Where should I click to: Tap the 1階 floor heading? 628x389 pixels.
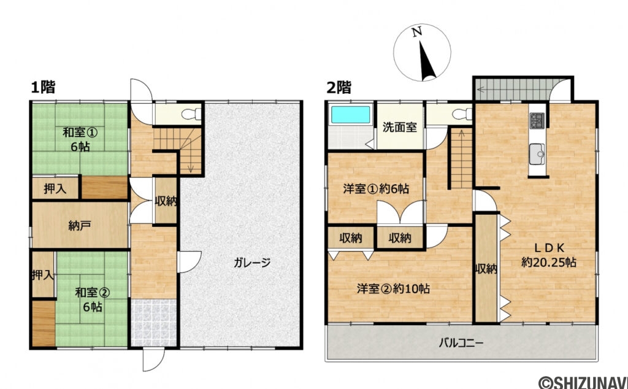click(42, 88)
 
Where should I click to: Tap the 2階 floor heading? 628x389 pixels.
click(339, 88)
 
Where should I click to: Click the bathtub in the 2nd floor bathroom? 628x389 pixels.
click(350, 115)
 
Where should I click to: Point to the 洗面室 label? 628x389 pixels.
click(400, 127)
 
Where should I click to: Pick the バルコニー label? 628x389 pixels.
click(461, 342)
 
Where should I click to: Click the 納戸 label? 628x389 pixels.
click(80, 225)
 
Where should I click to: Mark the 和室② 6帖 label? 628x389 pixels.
click(92, 299)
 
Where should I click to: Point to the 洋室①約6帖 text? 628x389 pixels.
click(376, 189)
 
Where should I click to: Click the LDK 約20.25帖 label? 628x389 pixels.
click(548, 255)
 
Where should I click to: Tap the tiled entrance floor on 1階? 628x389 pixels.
click(153, 323)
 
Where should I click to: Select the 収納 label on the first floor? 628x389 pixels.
click(166, 201)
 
